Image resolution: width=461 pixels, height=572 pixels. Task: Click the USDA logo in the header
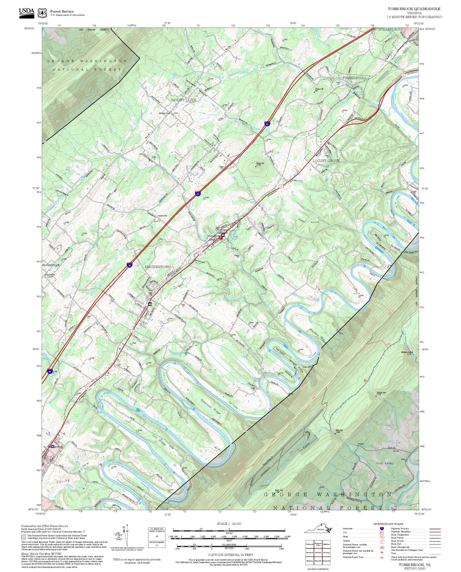(26, 12)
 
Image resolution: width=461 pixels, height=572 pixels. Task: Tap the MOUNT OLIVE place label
(183, 100)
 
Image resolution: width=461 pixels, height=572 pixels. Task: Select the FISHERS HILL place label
(354, 78)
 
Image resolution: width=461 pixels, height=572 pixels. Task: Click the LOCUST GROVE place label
(326, 161)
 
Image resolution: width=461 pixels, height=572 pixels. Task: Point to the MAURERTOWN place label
(158, 267)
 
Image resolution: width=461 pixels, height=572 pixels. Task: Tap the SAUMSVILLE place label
(51, 265)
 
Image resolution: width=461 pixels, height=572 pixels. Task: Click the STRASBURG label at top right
(389, 29)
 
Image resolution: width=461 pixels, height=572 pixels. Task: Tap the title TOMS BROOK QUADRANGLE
(414, 9)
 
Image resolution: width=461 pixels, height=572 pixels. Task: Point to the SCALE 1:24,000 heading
(229, 524)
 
